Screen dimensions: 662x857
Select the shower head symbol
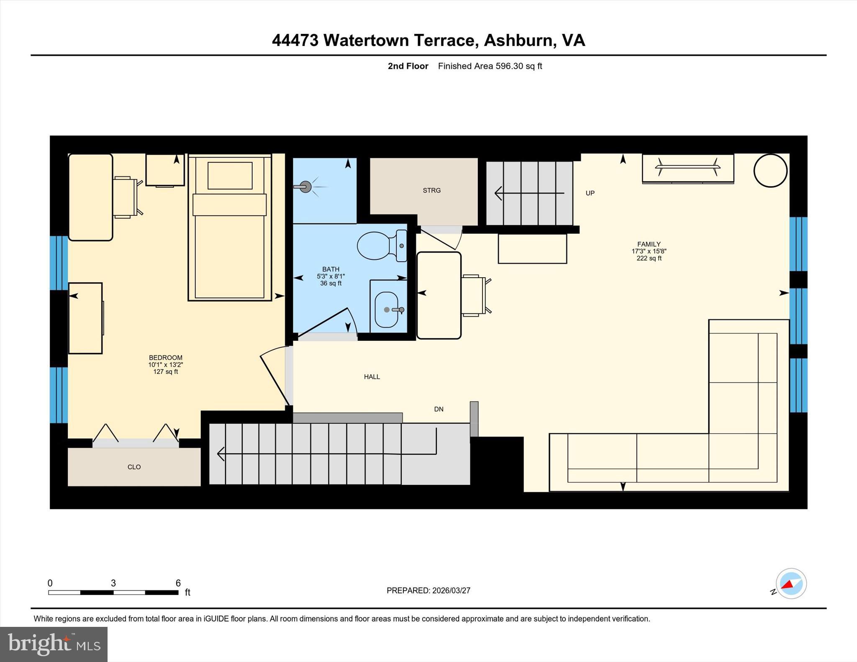point(306,187)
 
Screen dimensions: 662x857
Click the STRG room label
point(431,190)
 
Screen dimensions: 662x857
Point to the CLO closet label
point(134,467)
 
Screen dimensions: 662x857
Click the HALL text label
point(372,377)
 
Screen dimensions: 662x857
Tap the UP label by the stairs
point(590,193)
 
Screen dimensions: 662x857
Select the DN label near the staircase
point(439,409)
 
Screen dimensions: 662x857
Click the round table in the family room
point(770,171)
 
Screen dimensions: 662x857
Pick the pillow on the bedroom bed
point(230,176)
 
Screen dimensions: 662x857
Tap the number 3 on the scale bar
point(113,583)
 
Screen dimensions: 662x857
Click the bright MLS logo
point(54,644)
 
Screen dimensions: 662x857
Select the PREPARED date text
point(428,590)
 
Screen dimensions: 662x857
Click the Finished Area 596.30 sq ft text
point(490,66)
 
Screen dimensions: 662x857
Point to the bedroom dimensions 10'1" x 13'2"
point(165,365)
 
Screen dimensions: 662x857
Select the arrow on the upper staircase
point(529,193)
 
